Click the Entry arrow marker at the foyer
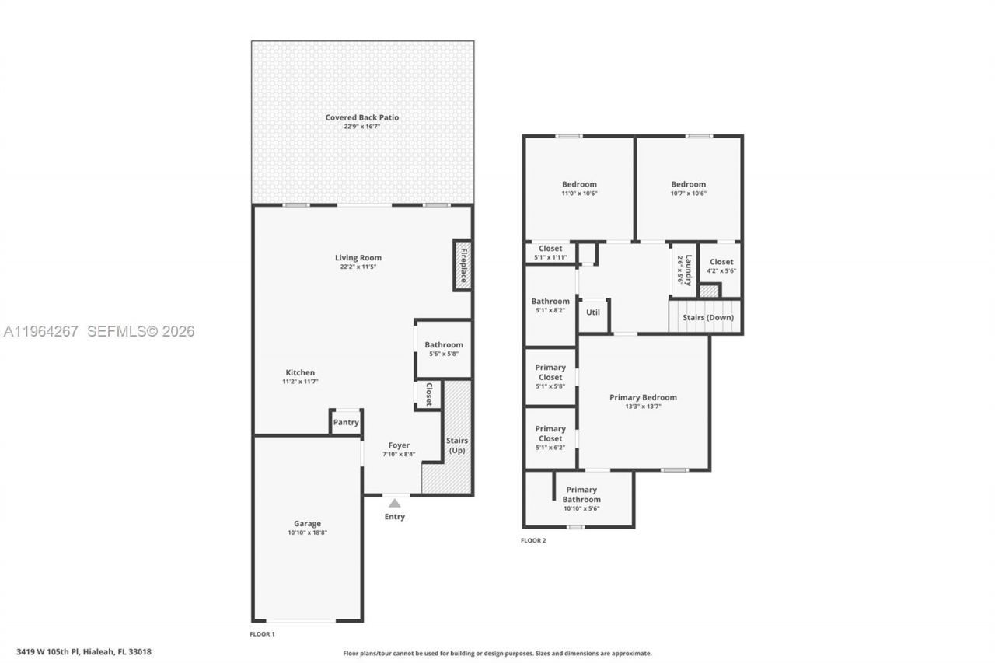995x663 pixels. [x=395, y=503]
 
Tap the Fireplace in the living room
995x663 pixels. [x=463, y=264]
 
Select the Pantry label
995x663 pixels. [x=346, y=423]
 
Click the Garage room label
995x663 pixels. [x=307, y=524]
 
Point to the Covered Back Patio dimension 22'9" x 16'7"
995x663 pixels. [x=362, y=127]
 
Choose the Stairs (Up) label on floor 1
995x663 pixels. [x=457, y=445]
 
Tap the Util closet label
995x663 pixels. [x=593, y=312]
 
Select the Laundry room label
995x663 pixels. [x=684, y=269]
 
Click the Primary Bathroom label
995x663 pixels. [x=581, y=494]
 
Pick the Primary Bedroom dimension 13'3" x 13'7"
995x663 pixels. [x=643, y=407]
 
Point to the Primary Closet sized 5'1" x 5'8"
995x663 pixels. [x=550, y=376]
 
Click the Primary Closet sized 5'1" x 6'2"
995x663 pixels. [x=550, y=438]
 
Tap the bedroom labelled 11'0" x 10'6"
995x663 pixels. [x=579, y=189]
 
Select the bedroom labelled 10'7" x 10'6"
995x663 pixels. [x=689, y=189]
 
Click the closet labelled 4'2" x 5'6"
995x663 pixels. [x=721, y=266]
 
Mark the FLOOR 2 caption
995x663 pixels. [x=533, y=541]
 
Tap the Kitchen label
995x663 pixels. [x=300, y=376]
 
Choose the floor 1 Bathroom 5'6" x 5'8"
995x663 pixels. [x=444, y=349]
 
